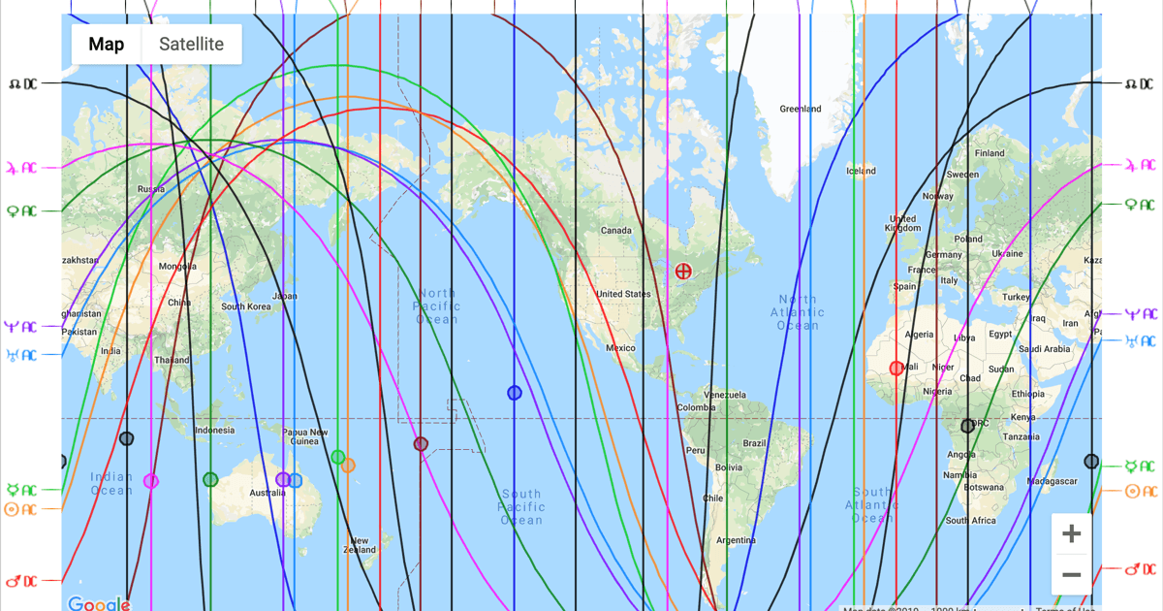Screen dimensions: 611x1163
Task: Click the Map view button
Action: coord(107,45)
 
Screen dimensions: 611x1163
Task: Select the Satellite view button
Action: coord(191,45)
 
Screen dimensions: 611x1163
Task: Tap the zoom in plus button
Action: coord(1071,534)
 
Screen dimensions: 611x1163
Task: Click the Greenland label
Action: coord(801,109)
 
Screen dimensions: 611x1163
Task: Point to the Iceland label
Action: coord(861,171)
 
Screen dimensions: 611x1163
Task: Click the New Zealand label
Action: coord(359,545)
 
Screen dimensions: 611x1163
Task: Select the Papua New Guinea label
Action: coord(304,437)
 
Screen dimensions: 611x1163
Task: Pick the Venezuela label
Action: coord(725,395)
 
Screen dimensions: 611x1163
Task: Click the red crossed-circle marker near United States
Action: coord(683,272)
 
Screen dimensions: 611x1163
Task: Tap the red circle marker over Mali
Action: coord(896,369)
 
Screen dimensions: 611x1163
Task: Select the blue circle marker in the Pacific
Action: coord(515,393)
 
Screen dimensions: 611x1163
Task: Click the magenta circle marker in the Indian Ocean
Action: coord(151,481)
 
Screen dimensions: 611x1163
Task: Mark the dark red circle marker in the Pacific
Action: coord(421,444)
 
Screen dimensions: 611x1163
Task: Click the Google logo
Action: coord(99,604)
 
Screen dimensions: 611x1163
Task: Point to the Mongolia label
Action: coord(177,267)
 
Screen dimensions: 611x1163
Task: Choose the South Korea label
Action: coord(246,306)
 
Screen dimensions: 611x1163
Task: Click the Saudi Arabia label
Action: coord(1044,348)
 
